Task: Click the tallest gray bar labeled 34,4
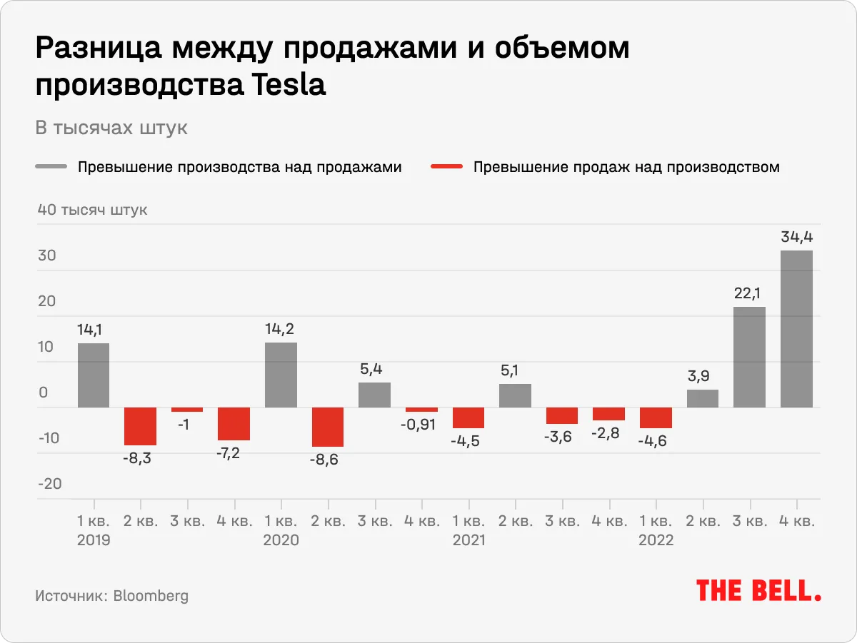click(796, 328)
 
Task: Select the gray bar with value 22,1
click(749, 357)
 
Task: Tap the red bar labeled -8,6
click(327, 427)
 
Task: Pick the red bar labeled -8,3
click(140, 426)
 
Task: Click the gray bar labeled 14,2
click(281, 375)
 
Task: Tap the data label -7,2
click(234, 454)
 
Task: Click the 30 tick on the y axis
click(46, 255)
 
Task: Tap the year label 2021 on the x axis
click(468, 540)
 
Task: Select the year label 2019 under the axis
click(94, 540)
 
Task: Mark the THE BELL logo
click(758, 591)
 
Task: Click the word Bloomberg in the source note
click(151, 595)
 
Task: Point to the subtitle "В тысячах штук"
click(111, 128)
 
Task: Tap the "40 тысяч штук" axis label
click(93, 211)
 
